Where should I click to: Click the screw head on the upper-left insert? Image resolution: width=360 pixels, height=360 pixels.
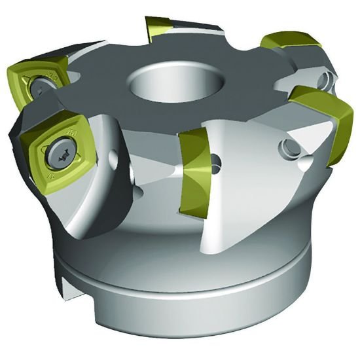click(39, 84)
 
